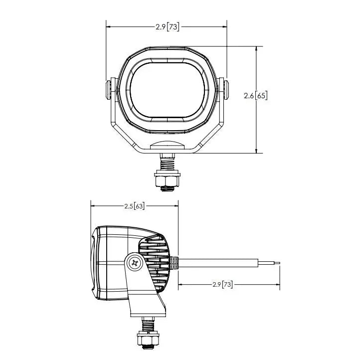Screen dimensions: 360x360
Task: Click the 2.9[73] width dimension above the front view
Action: point(168,27)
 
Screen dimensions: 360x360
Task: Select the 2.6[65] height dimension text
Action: point(256,96)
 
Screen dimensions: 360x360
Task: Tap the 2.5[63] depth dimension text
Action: point(135,206)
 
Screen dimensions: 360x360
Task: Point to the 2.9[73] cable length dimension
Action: point(222,285)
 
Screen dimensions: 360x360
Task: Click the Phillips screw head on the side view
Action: point(135,263)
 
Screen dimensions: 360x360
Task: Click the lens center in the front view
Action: point(168,90)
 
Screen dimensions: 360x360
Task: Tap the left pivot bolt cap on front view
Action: point(108,90)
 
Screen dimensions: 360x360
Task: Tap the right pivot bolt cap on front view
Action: point(226,90)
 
